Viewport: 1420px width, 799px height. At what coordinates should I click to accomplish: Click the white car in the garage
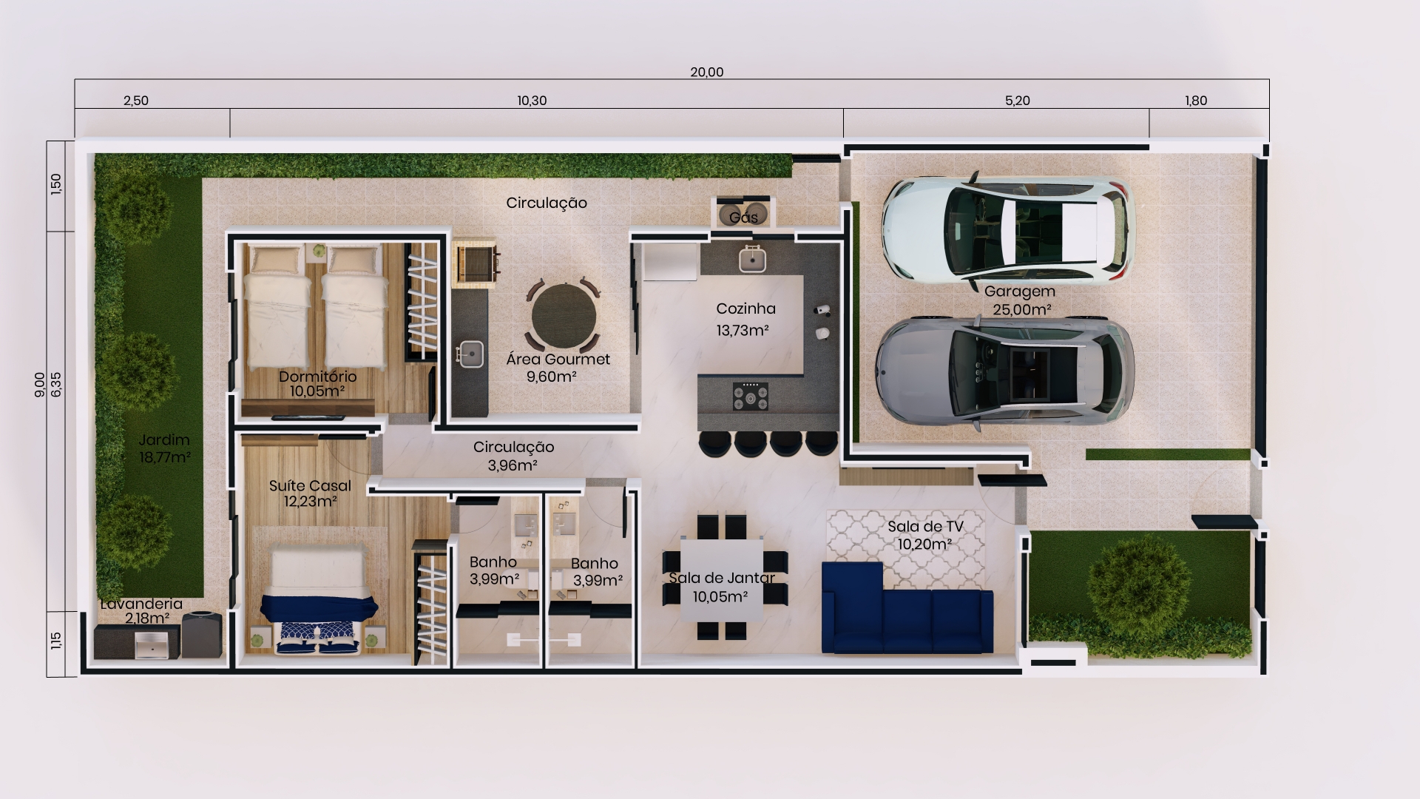tap(1008, 231)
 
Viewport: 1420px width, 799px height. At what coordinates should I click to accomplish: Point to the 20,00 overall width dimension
tap(707, 73)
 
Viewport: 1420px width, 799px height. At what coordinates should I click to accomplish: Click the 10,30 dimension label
tap(532, 101)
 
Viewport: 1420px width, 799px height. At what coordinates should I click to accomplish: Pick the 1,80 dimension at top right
tap(1196, 101)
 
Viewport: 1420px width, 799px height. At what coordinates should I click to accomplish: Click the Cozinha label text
tap(745, 309)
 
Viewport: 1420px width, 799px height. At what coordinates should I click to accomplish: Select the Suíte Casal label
tap(310, 485)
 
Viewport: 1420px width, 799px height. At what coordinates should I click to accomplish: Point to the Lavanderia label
tap(141, 604)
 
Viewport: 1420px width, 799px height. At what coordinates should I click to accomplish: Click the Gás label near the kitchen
tap(743, 218)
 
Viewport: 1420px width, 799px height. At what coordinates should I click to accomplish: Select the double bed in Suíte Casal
tap(319, 599)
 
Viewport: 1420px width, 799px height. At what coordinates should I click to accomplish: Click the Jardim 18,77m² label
tap(164, 448)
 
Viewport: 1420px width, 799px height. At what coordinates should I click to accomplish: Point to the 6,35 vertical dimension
tap(57, 385)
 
